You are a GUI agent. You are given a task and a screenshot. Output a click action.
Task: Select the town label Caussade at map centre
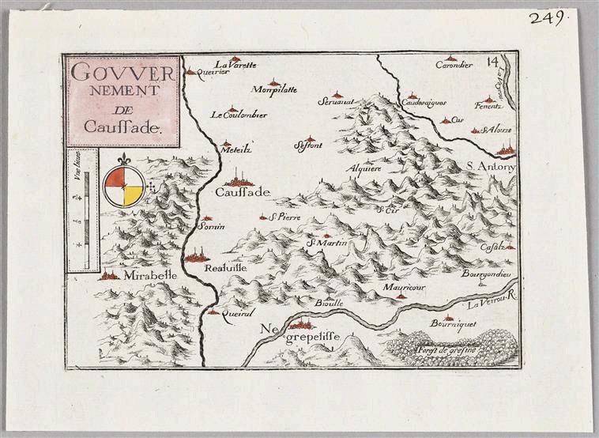pyautogui.click(x=243, y=192)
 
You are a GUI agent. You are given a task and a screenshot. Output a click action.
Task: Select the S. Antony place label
pyautogui.click(x=491, y=166)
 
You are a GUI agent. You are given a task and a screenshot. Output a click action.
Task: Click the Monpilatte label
pyautogui.click(x=273, y=89)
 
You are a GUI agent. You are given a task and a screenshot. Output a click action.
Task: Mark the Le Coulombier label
pyautogui.click(x=238, y=115)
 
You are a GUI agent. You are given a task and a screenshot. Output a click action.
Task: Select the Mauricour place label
pyautogui.click(x=404, y=289)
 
